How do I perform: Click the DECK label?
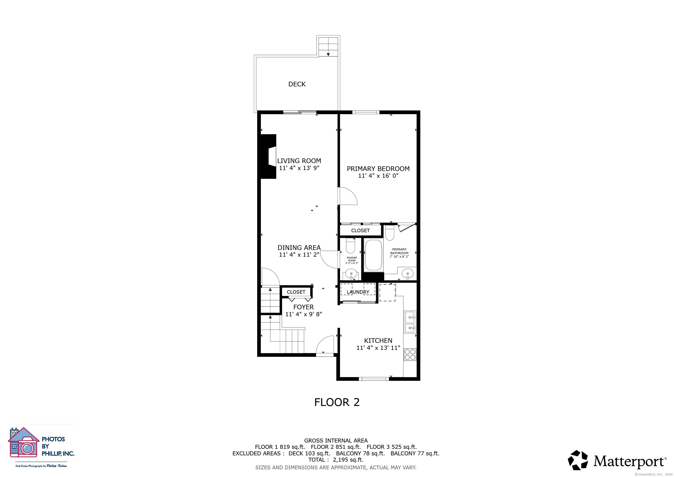[297, 84]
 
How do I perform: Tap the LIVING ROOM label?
[299, 161]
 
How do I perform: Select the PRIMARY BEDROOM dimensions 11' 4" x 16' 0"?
[378, 176]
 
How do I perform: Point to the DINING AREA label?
[299, 248]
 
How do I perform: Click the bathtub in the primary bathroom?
[373, 255]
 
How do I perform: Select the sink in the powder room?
[351, 274]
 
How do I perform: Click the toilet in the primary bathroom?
[390, 233]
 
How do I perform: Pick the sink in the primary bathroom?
[408, 274]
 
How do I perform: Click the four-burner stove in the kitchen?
[410, 354]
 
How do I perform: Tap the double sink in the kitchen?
[410, 322]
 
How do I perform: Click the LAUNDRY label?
[358, 292]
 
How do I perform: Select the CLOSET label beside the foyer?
[296, 292]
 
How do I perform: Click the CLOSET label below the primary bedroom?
[361, 231]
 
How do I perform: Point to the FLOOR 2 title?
[337, 402]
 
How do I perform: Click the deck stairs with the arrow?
[328, 46]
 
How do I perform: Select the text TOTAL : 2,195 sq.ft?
[336, 460]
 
